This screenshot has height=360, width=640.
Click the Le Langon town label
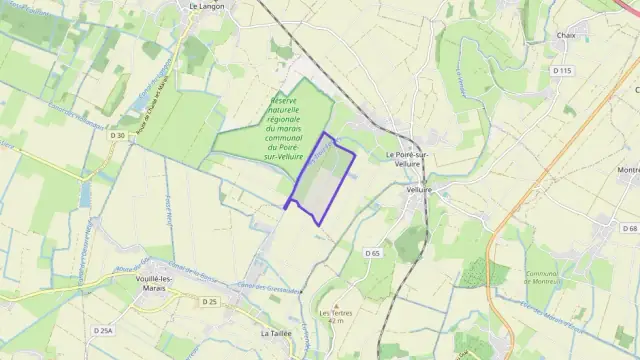pyautogui.click(x=206, y=5)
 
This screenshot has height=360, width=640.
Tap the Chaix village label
pyautogui.click(x=566, y=35)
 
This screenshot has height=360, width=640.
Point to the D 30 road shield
pyautogui.click(x=118, y=135)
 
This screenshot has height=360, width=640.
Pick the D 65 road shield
pyautogui.click(x=373, y=254)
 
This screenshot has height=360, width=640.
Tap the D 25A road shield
pyautogui.click(x=103, y=330)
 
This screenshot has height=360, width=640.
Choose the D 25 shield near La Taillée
pyautogui.click(x=209, y=301)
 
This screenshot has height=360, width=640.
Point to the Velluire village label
pyautogui.click(x=419, y=189)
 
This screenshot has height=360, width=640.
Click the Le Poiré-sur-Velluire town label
pyautogui.click(x=407, y=160)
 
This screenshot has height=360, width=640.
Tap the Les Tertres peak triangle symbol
pyautogui.click(x=337, y=306)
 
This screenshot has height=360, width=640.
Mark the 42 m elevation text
pyautogui.click(x=337, y=322)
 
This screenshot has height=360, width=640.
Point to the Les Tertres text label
pyautogui.click(x=337, y=314)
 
